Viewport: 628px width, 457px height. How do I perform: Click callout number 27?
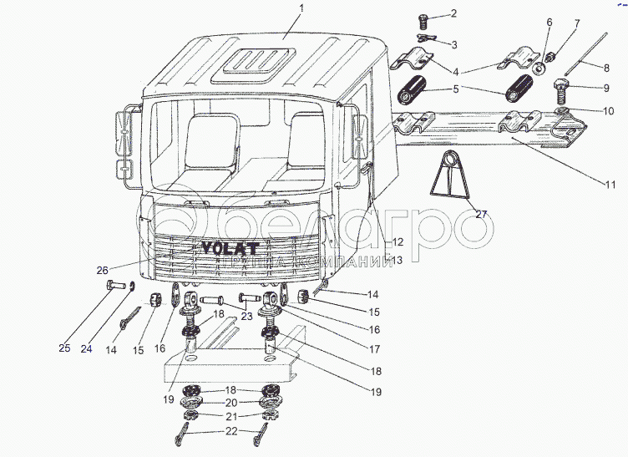tap(481, 215)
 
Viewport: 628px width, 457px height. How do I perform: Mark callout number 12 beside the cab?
tap(389, 241)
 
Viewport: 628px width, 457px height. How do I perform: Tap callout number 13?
tap(397, 261)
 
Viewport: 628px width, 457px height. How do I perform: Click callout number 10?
tap(607, 109)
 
